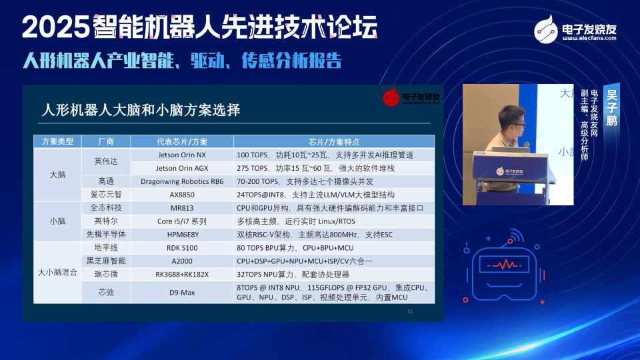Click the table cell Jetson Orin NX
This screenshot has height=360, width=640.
point(181,155)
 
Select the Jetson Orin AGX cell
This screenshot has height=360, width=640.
point(181,168)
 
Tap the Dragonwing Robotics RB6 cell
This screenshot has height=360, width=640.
point(181,181)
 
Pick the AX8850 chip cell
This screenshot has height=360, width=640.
point(181,195)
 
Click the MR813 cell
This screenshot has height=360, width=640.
point(181,208)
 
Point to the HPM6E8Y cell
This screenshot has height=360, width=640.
point(181,234)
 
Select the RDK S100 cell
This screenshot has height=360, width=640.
point(181,247)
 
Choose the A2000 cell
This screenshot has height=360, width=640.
point(181,261)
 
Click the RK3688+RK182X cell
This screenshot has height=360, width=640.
point(181,274)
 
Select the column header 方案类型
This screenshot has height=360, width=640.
point(57,141)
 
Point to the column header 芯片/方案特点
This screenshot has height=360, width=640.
point(334,141)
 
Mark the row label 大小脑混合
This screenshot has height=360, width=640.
point(57,273)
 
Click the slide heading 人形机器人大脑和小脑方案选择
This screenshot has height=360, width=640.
point(141,110)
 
